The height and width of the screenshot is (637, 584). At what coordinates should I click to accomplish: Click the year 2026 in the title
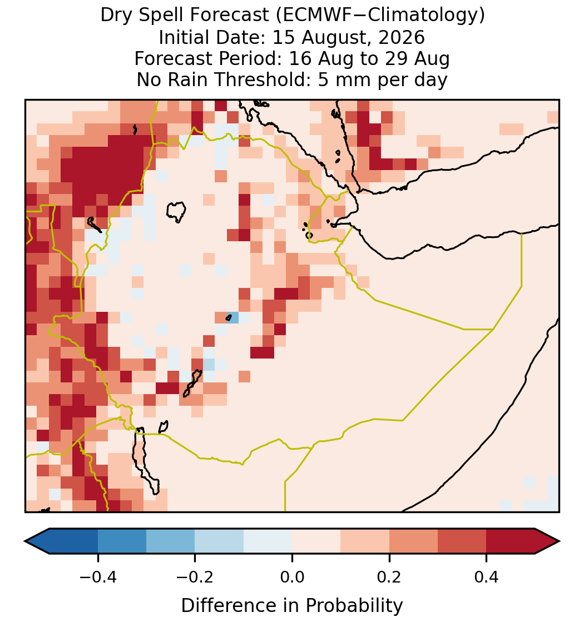click(402, 37)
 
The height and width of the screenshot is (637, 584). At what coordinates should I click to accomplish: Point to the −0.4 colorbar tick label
click(97, 576)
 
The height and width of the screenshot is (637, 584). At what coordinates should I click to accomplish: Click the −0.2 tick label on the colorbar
click(195, 576)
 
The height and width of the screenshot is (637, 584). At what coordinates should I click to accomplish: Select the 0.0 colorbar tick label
click(292, 576)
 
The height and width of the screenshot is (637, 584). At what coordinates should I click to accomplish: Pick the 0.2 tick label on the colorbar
click(389, 576)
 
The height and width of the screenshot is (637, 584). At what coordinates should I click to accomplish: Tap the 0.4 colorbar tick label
click(487, 576)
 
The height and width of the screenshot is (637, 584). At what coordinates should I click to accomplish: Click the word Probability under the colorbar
click(354, 606)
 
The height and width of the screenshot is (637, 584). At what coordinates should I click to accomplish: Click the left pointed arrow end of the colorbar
click(37, 541)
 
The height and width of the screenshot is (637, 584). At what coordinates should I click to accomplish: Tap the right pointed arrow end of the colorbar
click(547, 541)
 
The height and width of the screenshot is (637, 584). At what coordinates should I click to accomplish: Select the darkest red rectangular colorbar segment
click(511, 541)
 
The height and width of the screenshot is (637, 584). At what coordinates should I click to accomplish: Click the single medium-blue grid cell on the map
click(232, 317)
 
